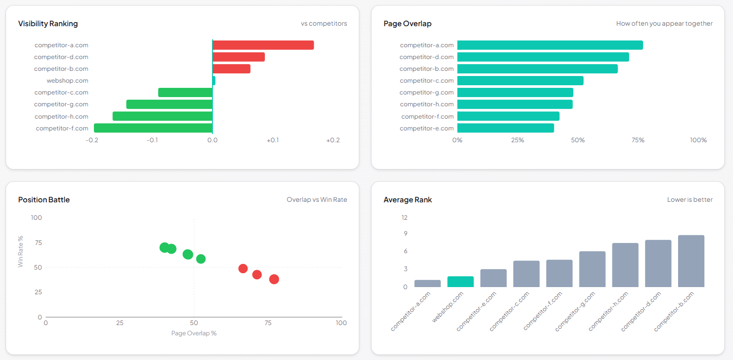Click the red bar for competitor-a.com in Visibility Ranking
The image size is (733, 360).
pyautogui.click(x=263, y=45)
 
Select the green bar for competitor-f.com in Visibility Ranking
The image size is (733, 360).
pyautogui.click(x=153, y=128)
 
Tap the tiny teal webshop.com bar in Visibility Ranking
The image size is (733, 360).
pyautogui.click(x=214, y=81)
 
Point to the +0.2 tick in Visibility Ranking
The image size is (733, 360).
pyautogui.click(x=333, y=140)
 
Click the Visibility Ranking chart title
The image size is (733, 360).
pyautogui.click(x=48, y=24)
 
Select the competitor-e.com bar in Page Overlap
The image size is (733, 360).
pyautogui.click(x=506, y=128)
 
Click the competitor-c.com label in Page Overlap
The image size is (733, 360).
pyautogui.click(x=427, y=81)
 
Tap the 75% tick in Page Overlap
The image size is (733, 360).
pyautogui.click(x=638, y=140)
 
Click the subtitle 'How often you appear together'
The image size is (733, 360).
pyautogui.click(x=664, y=24)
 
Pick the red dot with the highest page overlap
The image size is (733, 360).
pyautogui.click(x=274, y=279)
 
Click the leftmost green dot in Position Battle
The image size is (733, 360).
pyautogui.click(x=164, y=248)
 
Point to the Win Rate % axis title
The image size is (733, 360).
pyautogui.click(x=21, y=252)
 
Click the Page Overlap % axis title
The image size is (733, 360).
pyautogui.click(x=194, y=333)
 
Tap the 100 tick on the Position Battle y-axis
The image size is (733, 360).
pyautogui.click(x=36, y=218)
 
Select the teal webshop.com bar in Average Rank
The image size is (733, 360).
pyautogui.click(x=460, y=281)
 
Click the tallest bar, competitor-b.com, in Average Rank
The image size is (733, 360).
pyautogui.click(x=691, y=261)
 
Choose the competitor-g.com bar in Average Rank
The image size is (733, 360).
pyautogui.click(x=592, y=269)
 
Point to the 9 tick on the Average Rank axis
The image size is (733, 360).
pyautogui.click(x=405, y=234)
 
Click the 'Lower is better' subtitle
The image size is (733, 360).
pyautogui.click(x=689, y=200)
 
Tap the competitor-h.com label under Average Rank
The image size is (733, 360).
pyautogui.click(x=609, y=311)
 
